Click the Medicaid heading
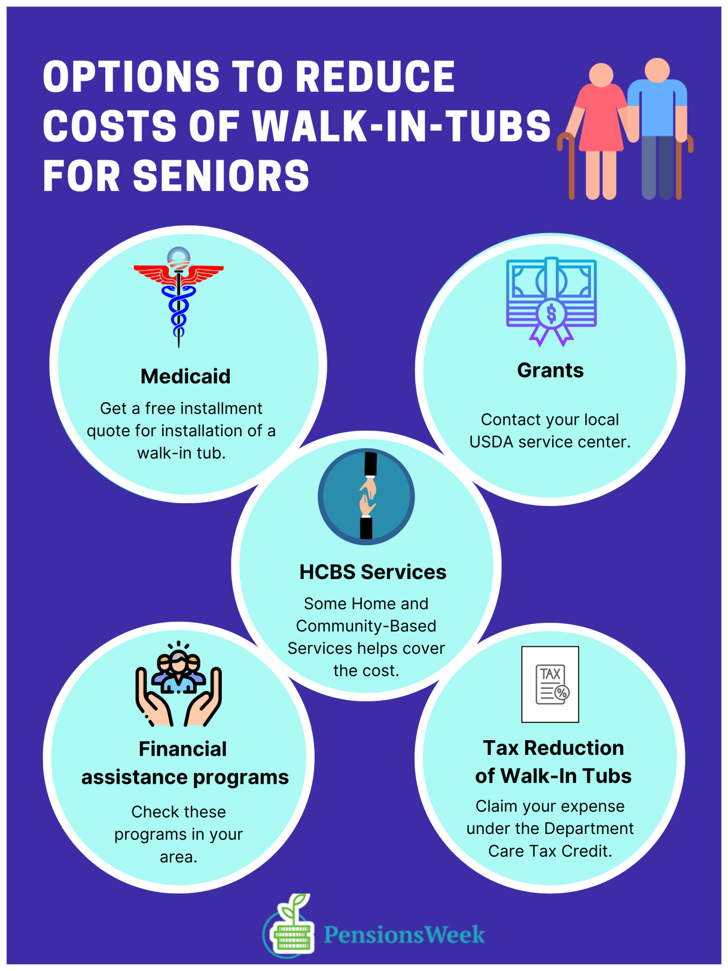[185, 376]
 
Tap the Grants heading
[550, 370]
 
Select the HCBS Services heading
[373, 572]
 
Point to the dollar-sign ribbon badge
[551, 314]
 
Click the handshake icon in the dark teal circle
[366, 496]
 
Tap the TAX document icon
[550, 684]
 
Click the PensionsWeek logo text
[404, 935]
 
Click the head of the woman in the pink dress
[601, 75]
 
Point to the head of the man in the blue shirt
[657, 70]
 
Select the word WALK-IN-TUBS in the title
[402, 126]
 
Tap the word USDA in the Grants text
[491, 442]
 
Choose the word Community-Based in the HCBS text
[366, 626]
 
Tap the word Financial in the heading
[182, 749]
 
